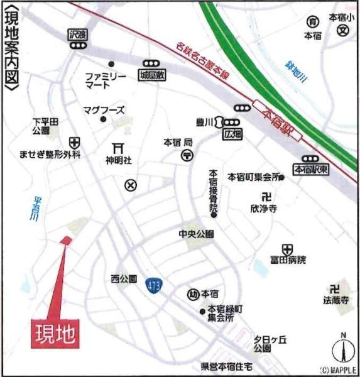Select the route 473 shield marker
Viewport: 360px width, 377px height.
click(x=154, y=285)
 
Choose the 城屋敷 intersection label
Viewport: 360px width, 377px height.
click(x=151, y=74)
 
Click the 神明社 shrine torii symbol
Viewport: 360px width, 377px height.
click(x=117, y=148)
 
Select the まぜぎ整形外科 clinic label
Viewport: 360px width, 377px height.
click(x=50, y=154)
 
